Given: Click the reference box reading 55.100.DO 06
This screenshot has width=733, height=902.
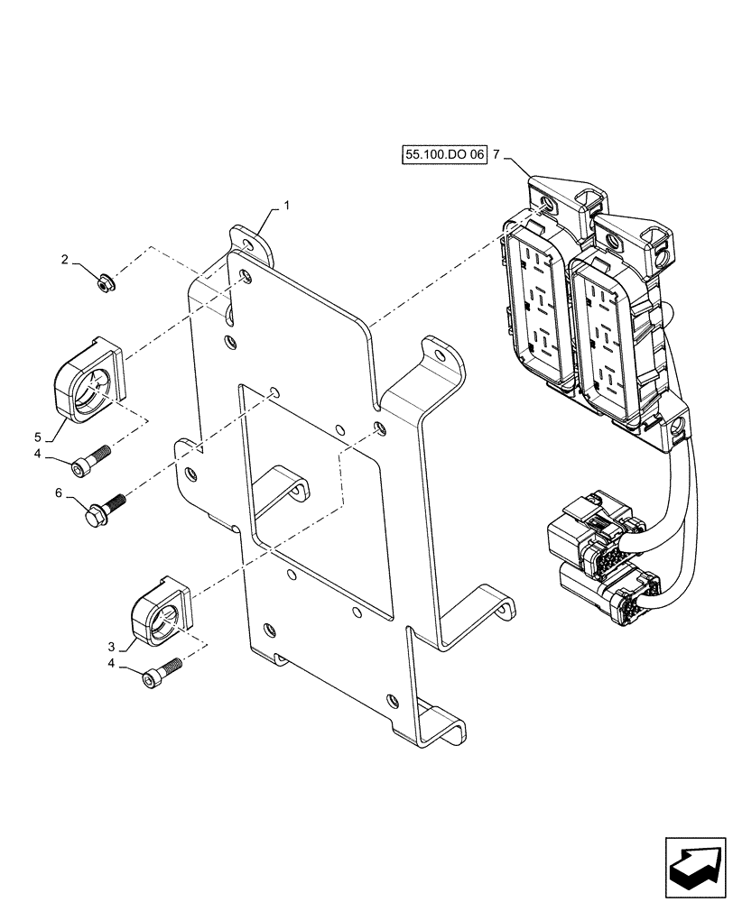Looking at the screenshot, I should pyautogui.click(x=445, y=155).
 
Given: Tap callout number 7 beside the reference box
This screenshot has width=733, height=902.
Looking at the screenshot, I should pyautogui.click(x=496, y=155).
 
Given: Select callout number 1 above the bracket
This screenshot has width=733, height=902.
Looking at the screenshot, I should pyautogui.click(x=286, y=206).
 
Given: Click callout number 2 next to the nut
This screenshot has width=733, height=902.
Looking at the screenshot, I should pyautogui.click(x=65, y=260).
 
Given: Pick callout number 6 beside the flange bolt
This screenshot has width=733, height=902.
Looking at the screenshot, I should pyautogui.click(x=60, y=492).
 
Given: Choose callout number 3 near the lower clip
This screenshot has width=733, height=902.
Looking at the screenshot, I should pyautogui.click(x=112, y=646).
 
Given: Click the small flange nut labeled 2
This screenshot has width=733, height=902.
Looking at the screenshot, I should pyautogui.click(x=105, y=284).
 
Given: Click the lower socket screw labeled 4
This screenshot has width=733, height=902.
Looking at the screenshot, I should pyautogui.click(x=162, y=674).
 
